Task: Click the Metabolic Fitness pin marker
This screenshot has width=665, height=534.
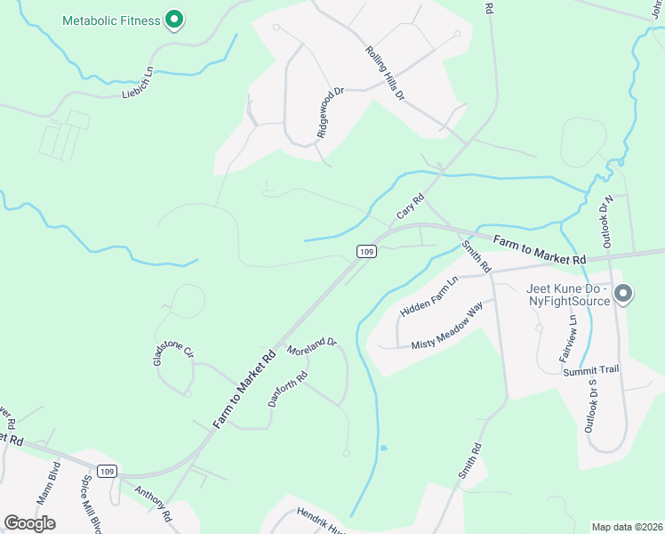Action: [175, 19]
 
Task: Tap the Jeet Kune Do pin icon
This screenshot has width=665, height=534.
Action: [623, 293]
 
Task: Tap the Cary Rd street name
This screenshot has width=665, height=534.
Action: [410, 207]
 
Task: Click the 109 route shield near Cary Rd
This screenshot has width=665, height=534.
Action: [366, 252]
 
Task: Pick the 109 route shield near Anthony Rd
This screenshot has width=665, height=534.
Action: [108, 471]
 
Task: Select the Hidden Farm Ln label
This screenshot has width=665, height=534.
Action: [429, 297]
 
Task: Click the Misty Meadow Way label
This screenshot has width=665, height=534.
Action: [446, 326]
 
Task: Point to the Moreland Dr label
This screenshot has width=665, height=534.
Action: [312, 346]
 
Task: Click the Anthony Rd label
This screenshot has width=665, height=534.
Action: [152, 503]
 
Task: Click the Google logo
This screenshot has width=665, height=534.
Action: [29, 522]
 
